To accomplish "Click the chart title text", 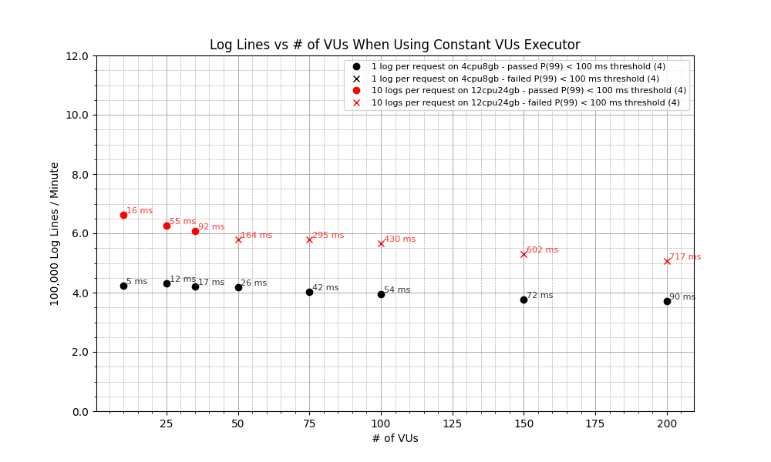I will pyautogui.click(x=395, y=45).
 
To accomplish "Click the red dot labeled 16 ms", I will pyautogui.click(x=123, y=215).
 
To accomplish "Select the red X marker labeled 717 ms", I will pyautogui.click(x=667, y=261).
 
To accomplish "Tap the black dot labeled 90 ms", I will pyautogui.click(x=667, y=301).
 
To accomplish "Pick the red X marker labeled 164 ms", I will pyautogui.click(x=238, y=239).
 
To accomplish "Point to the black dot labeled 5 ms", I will pyautogui.click(x=123, y=286).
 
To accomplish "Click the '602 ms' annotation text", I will pyautogui.click(x=542, y=249).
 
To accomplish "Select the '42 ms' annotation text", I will pyautogui.click(x=325, y=288).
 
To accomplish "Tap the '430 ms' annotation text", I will pyautogui.click(x=399, y=239).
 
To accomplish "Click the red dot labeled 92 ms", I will pyautogui.click(x=195, y=231).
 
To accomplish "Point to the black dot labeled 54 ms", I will pyautogui.click(x=381, y=294).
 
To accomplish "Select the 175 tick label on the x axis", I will pyautogui.click(x=595, y=424).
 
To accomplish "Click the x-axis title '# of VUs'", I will pyautogui.click(x=395, y=439).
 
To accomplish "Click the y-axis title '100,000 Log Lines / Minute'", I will pyautogui.click(x=55, y=233).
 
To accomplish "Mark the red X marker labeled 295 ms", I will pyautogui.click(x=309, y=239).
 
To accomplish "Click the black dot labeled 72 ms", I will pyautogui.click(x=524, y=300).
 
